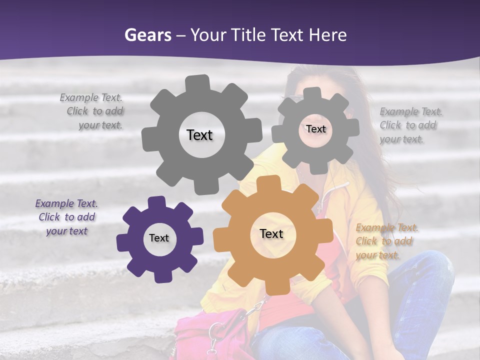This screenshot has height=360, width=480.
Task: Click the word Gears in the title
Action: pos(147,35)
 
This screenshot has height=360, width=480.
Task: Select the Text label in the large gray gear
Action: pos(199,135)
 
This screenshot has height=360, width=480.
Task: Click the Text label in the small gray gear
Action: pos(315,129)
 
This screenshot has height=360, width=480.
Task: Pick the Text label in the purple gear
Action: pos(159,238)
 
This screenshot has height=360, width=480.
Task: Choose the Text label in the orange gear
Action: pos(271,234)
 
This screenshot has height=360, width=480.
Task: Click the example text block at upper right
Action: pos(410,125)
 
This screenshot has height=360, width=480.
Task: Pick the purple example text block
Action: pos(67,217)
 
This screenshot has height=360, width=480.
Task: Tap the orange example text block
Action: pos(386,241)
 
